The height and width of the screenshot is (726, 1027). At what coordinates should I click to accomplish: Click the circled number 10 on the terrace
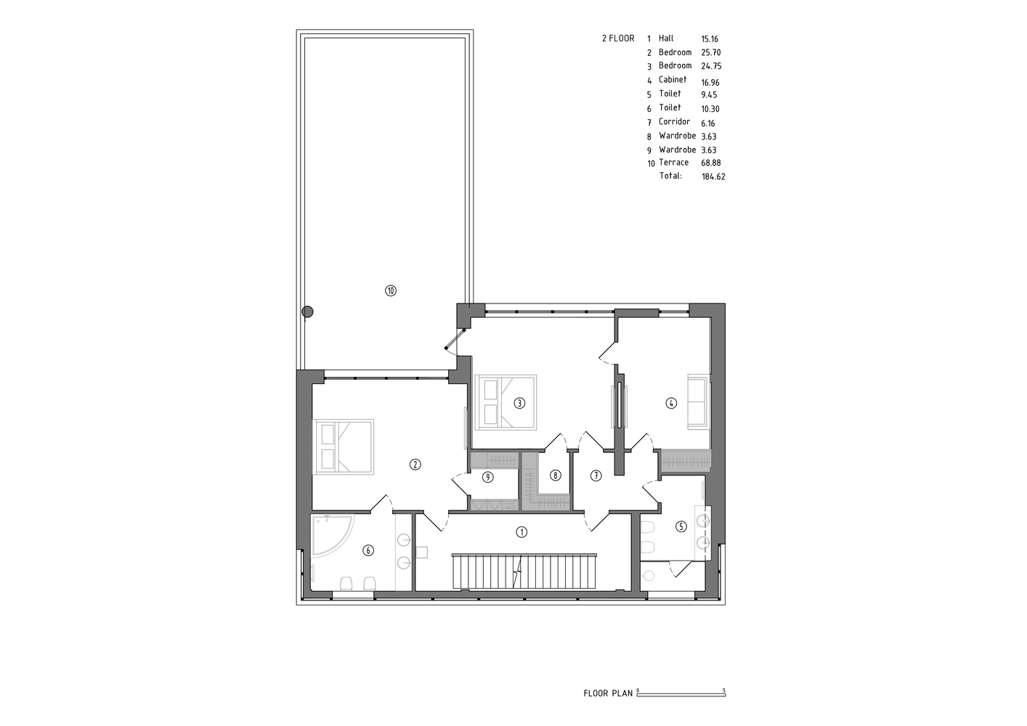391,290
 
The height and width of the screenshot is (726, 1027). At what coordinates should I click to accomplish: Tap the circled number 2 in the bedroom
415,465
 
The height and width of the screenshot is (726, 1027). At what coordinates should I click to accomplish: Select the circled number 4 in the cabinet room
671,404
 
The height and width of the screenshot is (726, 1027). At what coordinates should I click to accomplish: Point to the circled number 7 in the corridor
596,476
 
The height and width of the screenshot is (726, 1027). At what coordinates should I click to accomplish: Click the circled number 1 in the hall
521,532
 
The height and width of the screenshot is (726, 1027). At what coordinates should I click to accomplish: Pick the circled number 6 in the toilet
368,550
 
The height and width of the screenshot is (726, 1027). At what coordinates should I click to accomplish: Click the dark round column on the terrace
307,311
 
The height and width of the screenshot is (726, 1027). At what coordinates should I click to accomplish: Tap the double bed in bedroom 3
506,402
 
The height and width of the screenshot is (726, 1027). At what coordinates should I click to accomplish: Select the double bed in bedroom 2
344,446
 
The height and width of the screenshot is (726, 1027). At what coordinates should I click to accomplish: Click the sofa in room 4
699,401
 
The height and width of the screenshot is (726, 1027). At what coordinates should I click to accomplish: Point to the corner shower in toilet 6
332,536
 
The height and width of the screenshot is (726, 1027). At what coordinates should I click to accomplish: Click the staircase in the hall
524,571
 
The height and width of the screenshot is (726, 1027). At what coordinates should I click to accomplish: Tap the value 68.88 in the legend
711,163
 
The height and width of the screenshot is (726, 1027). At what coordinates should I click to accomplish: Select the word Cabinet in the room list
673,80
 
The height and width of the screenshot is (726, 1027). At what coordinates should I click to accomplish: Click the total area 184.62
713,176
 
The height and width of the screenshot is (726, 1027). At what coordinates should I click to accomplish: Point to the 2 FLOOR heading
619,38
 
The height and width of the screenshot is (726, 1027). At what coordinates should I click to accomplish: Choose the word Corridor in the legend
675,121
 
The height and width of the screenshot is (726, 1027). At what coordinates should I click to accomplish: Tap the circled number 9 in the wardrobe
488,478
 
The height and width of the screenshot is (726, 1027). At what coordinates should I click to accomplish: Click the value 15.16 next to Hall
710,39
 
